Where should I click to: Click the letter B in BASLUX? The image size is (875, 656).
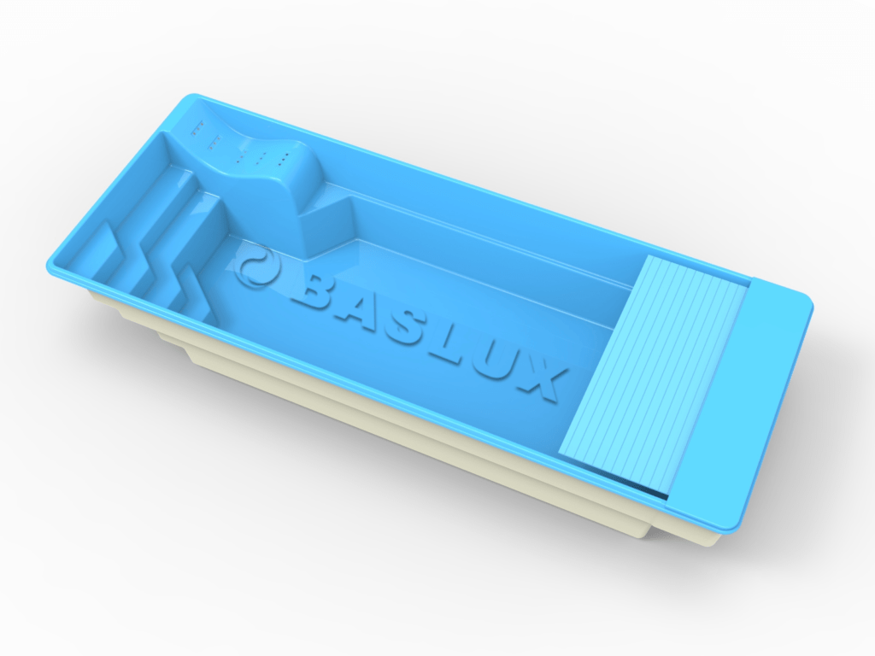pos(308,291)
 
